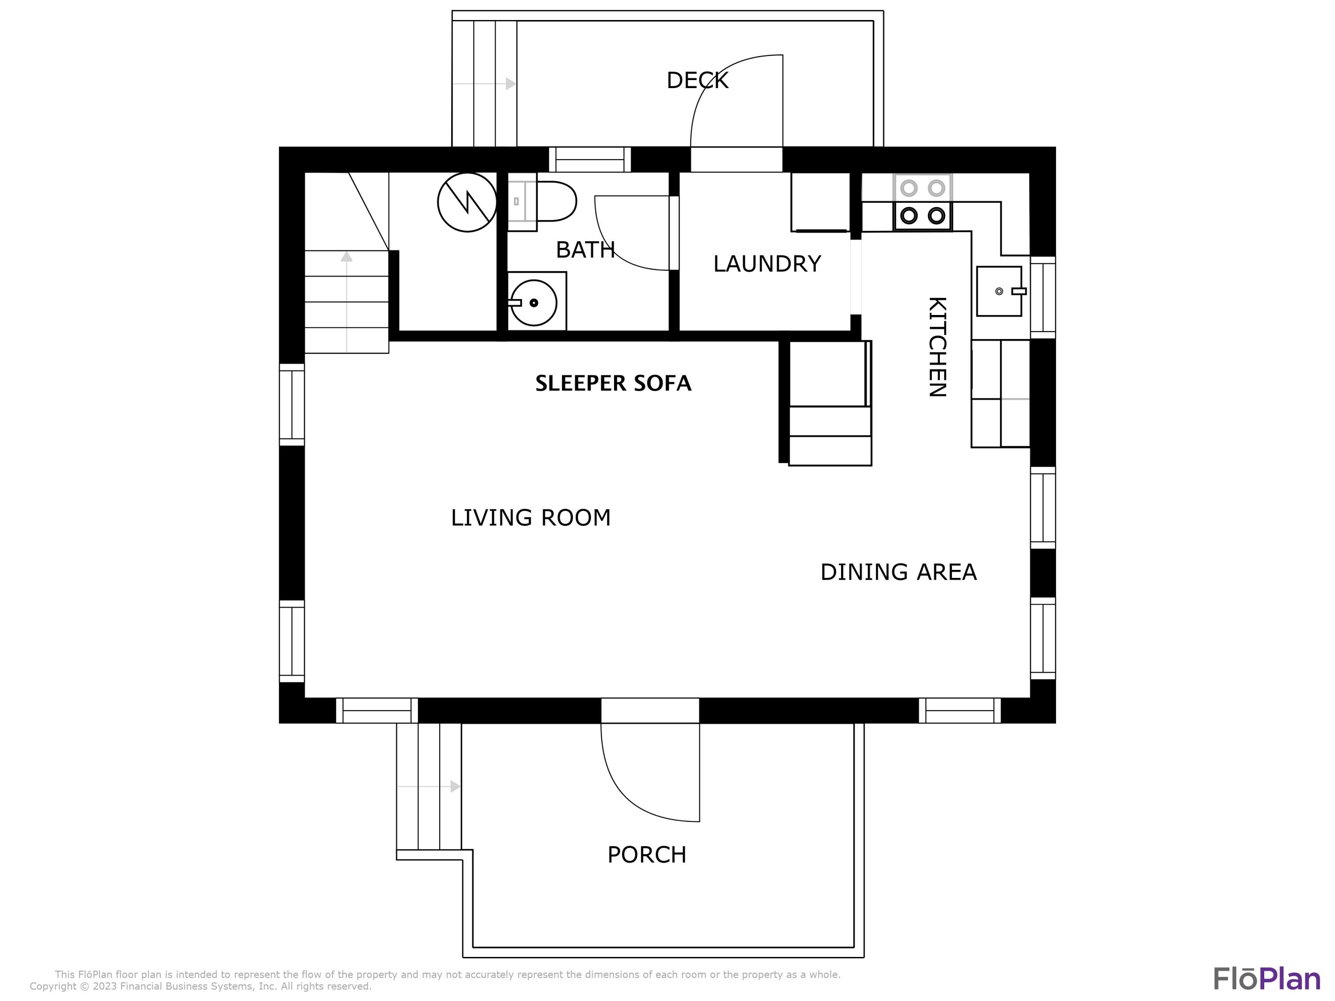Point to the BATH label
(584, 249)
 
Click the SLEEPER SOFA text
(613, 383)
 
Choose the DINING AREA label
(898, 572)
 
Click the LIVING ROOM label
(530, 518)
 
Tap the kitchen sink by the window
(999, 291)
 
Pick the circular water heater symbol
(467, 202)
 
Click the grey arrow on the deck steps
(510, 84)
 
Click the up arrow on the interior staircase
(346, 257)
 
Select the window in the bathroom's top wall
(590, 160)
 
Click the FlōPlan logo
(1266, 979)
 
